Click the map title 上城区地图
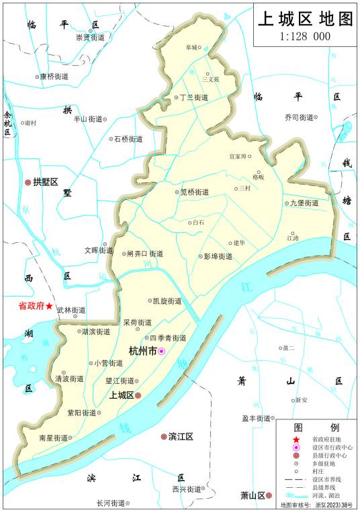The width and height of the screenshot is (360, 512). click(x=306, y=19)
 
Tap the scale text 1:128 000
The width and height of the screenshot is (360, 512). click(x=305, y=36)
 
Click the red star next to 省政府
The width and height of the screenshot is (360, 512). click(x=49, y=305)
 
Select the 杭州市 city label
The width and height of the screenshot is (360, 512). click(x=142, y=351)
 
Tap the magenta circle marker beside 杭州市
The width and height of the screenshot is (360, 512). click(x=161, y=352)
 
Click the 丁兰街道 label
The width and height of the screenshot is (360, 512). click(x=193, y=97)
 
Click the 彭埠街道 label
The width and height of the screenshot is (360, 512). click(x=218, y=256)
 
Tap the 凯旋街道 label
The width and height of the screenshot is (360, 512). click(x=167, y=301)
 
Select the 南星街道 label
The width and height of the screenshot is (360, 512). click(x=53, y=438)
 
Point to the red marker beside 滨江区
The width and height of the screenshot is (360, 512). click(x=163, y=437)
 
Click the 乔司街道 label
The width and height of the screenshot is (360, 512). click(x=298, y=117)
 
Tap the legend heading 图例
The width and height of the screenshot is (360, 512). click(x=316, y=427)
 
